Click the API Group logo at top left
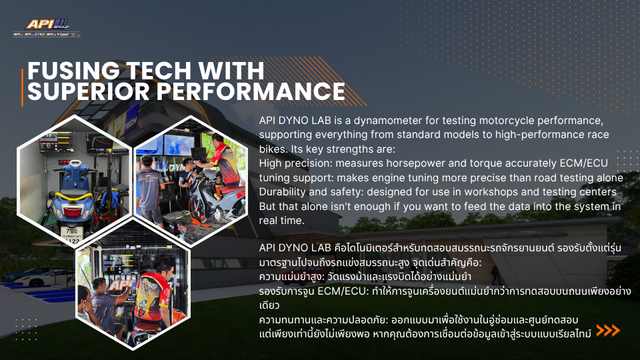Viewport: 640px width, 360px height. point(47,28)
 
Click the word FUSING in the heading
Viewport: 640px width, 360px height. point(73,71)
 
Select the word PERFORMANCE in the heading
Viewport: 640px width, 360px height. point(251,91)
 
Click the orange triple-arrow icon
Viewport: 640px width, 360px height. point(608,330)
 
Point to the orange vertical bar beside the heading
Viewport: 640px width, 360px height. point(22,87)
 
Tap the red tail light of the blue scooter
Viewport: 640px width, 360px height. point(74,212)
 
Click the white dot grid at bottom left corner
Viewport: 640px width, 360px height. point(26,329)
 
